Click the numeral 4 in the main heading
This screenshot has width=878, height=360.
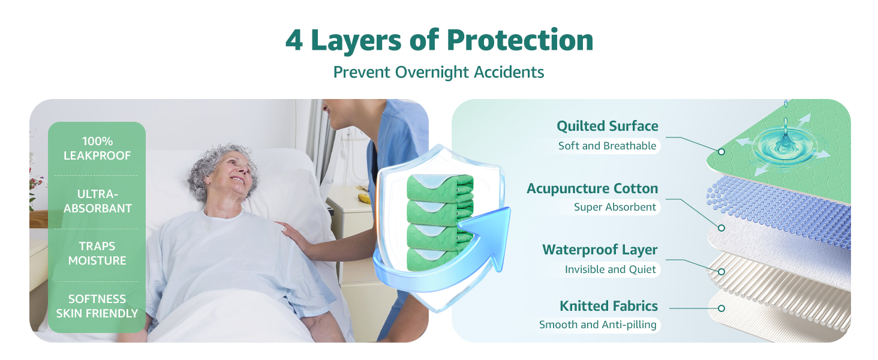click(x=294, y=40)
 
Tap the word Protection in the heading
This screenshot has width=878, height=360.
click(x=520, y=40)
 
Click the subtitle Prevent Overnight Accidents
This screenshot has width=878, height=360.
click(x=438, y=73)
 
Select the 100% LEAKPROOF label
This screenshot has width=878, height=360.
click(x=97, y=149)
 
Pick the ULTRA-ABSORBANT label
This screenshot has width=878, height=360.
click(x=98, y=201)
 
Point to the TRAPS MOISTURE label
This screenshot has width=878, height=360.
click(x=97, y=253)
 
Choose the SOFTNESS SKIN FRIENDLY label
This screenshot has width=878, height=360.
click(x=97, y=306)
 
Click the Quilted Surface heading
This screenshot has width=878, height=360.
click(x=607, y=126)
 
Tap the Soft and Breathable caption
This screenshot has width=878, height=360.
click(x=607, y=146)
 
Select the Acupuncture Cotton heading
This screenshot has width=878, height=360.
click(x=593, y=188)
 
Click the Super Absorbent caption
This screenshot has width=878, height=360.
click(x=615, y=207)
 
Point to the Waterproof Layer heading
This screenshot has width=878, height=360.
click(x=600, y=250)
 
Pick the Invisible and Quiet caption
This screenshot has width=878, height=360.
click(x=610, y=269)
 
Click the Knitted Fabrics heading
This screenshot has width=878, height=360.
click(x=608, y=306)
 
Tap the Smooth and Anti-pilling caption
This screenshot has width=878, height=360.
click(x=597, y=325)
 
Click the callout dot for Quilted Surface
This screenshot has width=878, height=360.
click(x=721, y=152)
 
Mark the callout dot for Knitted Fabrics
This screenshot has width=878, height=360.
click(x=721, y=308)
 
